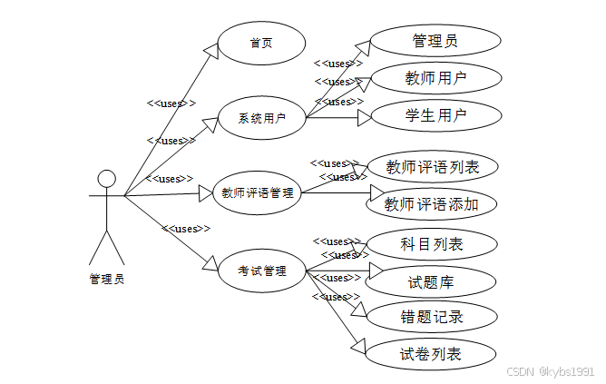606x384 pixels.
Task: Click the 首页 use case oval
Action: click(261, 43)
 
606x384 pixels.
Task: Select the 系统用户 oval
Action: click(261, 118)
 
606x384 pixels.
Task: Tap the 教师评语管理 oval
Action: click(258, 192)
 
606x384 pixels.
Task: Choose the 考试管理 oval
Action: click(261, 271)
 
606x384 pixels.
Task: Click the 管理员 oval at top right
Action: click(435, 41)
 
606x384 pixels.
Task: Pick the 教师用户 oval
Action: click(435, 78)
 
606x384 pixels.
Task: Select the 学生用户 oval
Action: click(435, 116)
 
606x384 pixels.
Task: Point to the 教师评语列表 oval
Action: click(433, 167)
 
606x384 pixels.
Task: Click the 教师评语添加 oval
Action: click(433, 204)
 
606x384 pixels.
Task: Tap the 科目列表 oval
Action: click(432, 244)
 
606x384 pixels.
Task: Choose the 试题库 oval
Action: click(432, 282)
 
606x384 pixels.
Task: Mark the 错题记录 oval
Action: click(432, 317)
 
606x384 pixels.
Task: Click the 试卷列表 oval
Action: click(431, 353)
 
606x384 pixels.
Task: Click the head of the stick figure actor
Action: click(107, 178)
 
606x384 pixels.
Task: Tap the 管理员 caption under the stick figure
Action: click(106, 280)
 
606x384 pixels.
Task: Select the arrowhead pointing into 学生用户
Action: click(365, 117)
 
